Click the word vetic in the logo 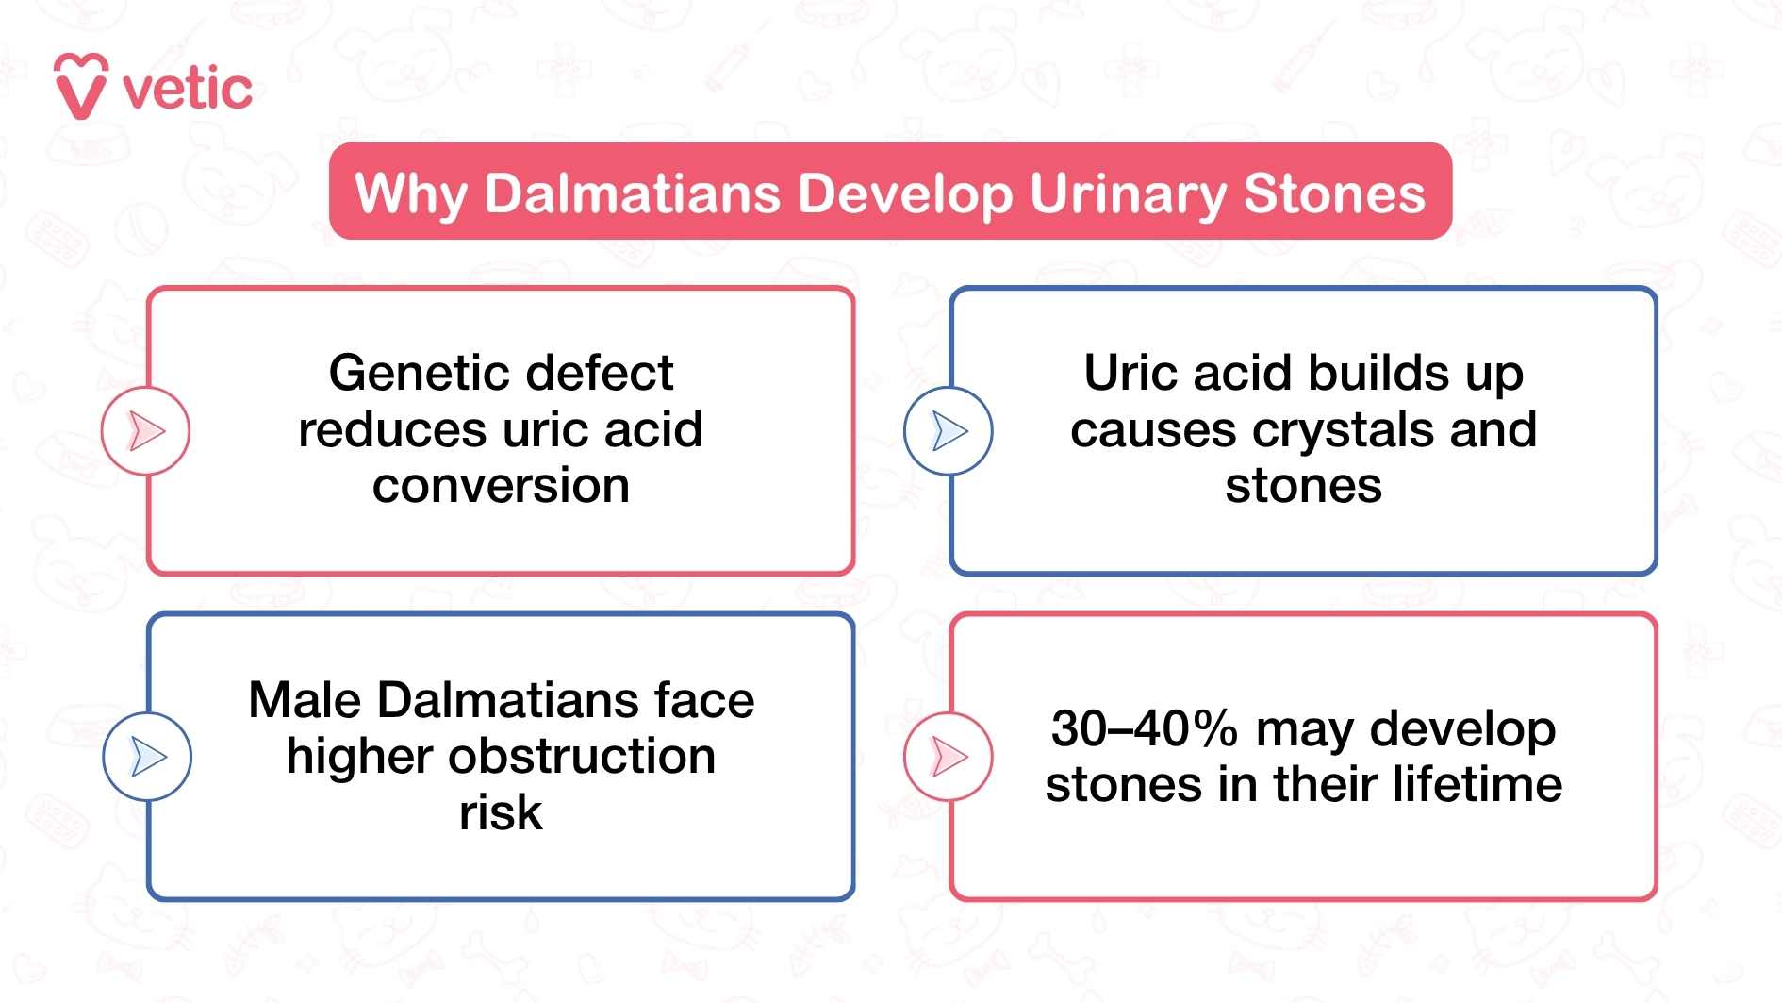coord(188,91)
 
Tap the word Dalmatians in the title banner coord(632,193)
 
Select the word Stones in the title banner coord(1333,193)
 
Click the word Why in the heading coord(410,195)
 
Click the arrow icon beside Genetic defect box coord(146,431)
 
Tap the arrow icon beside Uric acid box coord(949,431)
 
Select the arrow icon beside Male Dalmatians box coord(147,757)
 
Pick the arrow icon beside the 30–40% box coord(949,757)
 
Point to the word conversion coord(501,486)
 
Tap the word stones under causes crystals coord(1303,486)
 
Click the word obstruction coord(581,757)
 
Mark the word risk coord(501,812)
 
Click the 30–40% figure coord(1144,729)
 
